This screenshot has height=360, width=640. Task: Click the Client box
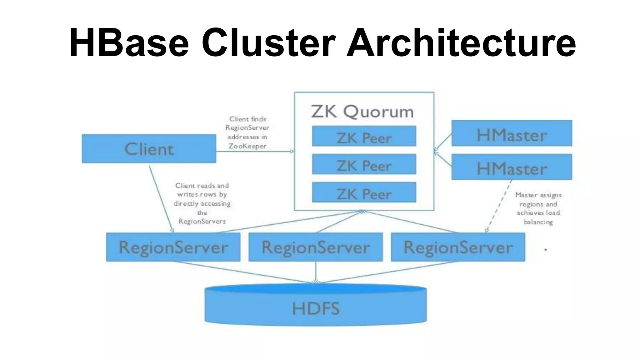pyautogui.click(x=149, y=148)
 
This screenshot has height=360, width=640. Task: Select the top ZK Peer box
pyautogui.click(x=364, y=136)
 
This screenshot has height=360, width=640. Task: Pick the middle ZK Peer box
pyautogui.click(x=364, y=164)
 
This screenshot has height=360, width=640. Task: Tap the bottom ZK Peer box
pyautogui.click(x=364, y=192)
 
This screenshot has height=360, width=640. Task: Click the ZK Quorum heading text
pyautogui.click(x=362, y=112)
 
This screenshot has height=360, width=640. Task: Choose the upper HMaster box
pyautogui.click(x=512, y=133)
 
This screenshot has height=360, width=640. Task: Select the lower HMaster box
pyautogui.click(x=512, y=167)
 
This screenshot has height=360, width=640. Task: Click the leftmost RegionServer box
pyautogui.click(x=173, y=247)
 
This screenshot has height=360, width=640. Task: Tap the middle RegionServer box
pyautogui.click(x=316, y=247)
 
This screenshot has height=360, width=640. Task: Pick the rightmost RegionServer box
pyautogui.click(x=458, y=247)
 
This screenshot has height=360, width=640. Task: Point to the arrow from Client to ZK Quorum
pyautogui.click(x=255, y=152)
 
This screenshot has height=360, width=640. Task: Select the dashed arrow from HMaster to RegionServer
pyautogui.click(x=499, y=206)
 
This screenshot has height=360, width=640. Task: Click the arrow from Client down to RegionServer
pyautogui.click(x=161, y=199)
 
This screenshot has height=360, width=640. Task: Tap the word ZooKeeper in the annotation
pyautogui.click(x=247, y=146)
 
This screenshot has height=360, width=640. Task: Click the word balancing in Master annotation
pyautogui.click(x=538, y=222)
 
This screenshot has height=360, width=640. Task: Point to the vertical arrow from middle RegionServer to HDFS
pyautogui.click(x=316, y=272)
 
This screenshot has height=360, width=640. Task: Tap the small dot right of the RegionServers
pyautogui.click(x=546, y=249)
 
